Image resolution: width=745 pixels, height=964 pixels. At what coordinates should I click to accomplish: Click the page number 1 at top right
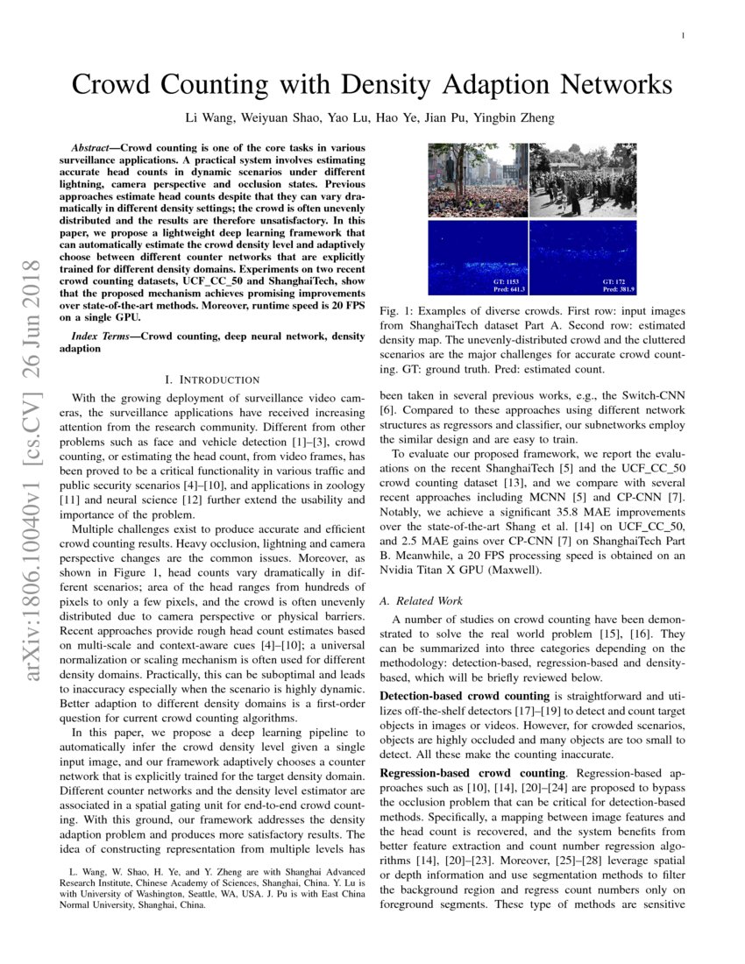(x=682, y=36)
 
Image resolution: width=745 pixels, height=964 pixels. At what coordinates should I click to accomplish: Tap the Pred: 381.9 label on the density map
(x=617, y=288)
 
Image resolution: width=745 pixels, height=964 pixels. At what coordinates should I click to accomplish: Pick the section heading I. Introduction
(x=212, y=379)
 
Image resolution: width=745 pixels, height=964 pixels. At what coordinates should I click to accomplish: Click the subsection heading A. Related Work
(x=419, y=601)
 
